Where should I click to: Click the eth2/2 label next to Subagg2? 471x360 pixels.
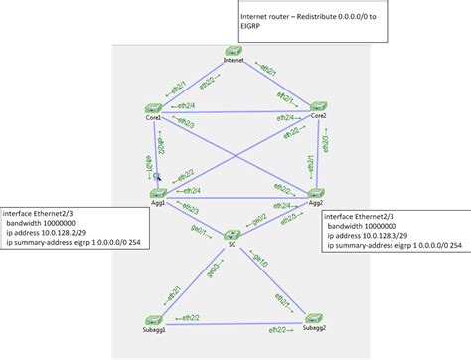279,327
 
